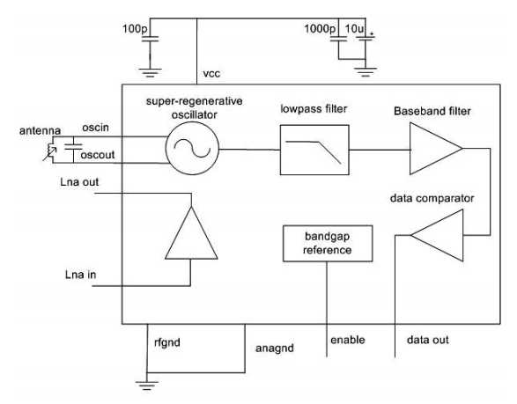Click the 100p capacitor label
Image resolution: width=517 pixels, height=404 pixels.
coord(135,29)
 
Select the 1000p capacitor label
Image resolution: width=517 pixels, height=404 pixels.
coord(320,29)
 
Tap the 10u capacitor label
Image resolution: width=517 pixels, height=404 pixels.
coord(354,29)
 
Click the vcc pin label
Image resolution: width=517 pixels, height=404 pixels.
coord(211,73)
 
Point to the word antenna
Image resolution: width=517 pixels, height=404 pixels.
coord(40,131)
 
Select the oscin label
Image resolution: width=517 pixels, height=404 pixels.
coord(95,128)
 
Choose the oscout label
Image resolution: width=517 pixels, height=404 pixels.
coord(98,155)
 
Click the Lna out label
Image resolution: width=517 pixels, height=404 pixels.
coord(79,182)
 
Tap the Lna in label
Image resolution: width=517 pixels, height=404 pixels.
coord(81,275)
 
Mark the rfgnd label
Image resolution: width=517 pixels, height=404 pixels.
coord(167,342)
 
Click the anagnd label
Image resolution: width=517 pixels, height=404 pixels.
coord(275,349)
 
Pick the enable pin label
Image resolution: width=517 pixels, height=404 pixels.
coord(348,340)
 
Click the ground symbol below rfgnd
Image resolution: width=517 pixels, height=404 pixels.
coord(147,385)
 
